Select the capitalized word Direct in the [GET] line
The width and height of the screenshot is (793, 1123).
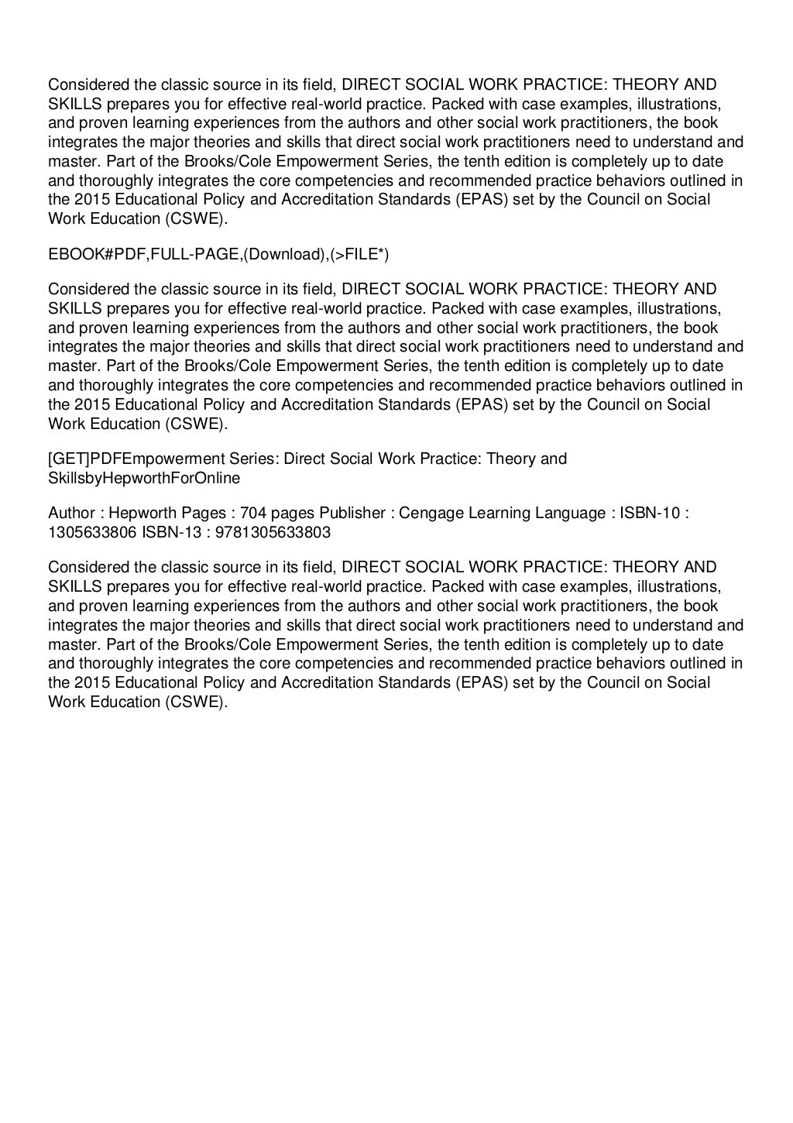point(305,458)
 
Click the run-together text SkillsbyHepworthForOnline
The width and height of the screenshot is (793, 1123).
point(144,477)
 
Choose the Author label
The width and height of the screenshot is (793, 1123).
point(71,513)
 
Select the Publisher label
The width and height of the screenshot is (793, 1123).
point(352,513)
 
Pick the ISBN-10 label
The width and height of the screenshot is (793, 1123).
point(641,513)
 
